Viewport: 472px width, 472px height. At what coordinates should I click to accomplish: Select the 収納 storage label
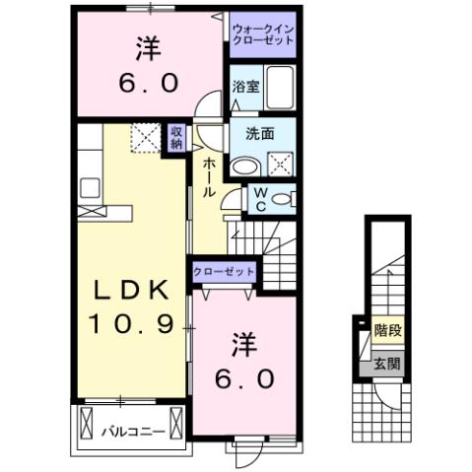(176, 137)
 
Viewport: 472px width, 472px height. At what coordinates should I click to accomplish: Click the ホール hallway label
(208, 177)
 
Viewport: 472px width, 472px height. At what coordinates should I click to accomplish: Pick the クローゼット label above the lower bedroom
(224, 272)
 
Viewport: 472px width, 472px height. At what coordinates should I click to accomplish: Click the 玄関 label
(385, 363)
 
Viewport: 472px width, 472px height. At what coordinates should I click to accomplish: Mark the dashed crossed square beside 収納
(146, 139)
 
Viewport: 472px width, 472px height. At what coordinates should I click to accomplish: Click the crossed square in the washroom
(280, 163)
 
